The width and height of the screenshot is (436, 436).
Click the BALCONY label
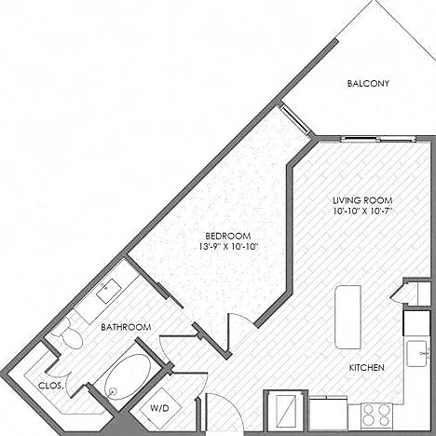pyautogui.click(x=368, y=84)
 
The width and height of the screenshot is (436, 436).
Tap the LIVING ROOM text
pyautogui.click(x=362, y=200)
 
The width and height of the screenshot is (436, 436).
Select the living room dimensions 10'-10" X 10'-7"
pyautogui.click(x=362, y=211)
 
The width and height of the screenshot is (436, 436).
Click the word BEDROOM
pyautogui.click(x=228, y=236)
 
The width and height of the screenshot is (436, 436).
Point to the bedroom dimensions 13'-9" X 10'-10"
pyautogui.click(x=228, y=247)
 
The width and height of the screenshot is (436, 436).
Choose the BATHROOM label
pyautogui.click(x=126, y=327)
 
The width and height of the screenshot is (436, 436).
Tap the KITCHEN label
pyautogui.click(x=367, y=368)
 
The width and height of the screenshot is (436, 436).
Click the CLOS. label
pyautogui.click(x=51, y=386)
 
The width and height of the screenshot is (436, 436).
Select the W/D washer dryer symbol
pyautogui.click(x=160, y=408)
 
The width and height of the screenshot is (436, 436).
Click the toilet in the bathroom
pyautogui.click(x=69, y=334)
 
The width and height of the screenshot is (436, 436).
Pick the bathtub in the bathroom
pyautogui.click(x=128, y=376)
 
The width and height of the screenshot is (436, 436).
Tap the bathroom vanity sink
pyautogui.click(x=108, y=291)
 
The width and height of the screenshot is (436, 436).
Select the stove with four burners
pyautogui.click(x=376, y=416)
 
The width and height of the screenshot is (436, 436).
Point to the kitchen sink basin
pyautogui.click(x=417, y=354)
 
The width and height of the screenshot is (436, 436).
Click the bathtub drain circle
pyautogui.click(x=113, y=391)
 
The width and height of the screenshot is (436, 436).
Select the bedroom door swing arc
pyautogui.click(x=244, y=319)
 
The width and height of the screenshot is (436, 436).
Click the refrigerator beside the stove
pyautogui.click(x=329, y=414)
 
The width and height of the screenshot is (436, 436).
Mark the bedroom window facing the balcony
pyautogui.click(x=295, y=119)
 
